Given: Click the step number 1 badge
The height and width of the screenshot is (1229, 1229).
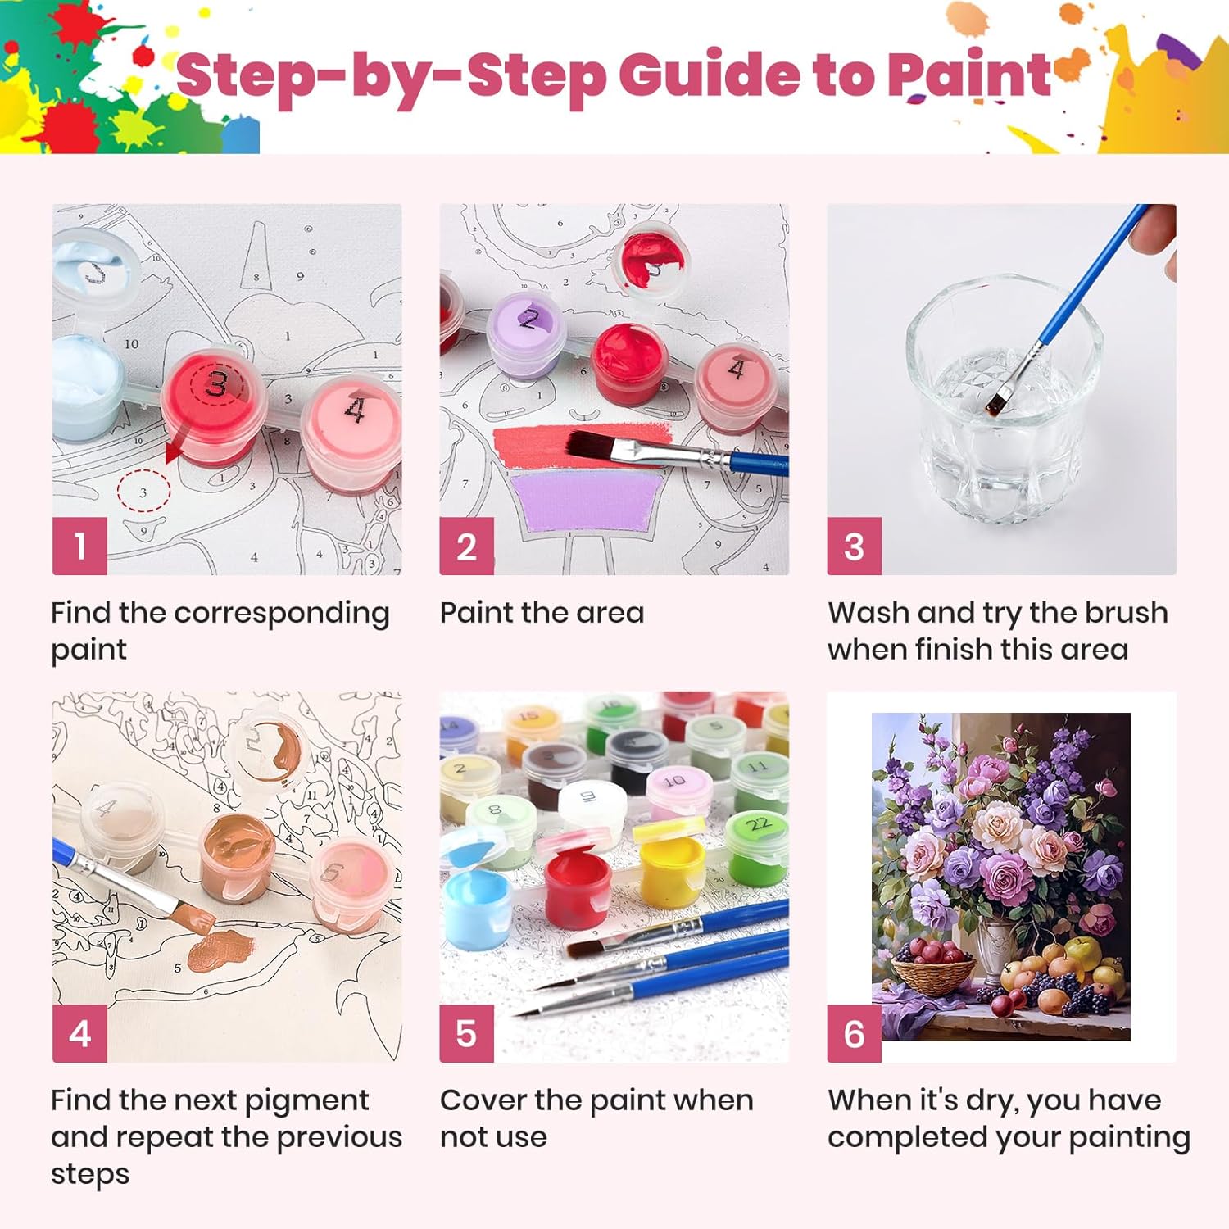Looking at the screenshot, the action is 79,546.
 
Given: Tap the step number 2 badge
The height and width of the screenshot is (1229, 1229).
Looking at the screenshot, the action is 466,546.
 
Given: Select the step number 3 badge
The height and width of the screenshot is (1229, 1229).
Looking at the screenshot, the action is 854,546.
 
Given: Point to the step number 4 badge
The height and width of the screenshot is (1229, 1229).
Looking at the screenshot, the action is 79,1033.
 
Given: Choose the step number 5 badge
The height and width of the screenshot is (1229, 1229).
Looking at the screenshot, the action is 466,1033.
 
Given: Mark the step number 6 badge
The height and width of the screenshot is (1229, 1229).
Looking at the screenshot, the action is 854,1033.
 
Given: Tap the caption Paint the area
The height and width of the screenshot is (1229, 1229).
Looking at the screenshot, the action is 542,613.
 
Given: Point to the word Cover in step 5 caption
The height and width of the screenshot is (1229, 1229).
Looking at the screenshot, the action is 483,1100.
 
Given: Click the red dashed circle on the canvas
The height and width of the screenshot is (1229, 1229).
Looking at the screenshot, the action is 143,492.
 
